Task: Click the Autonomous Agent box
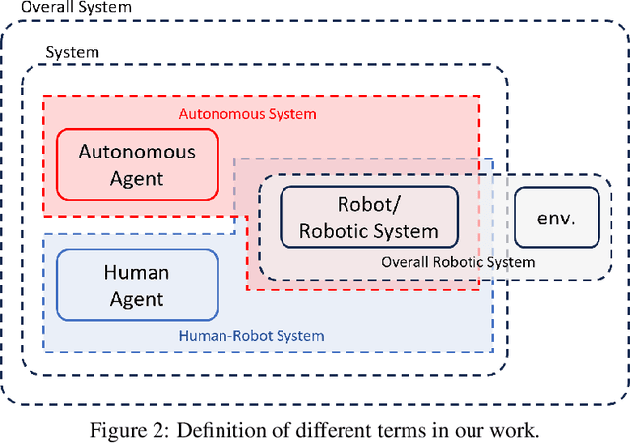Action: pos(137,165)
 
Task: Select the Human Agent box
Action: pos(137,285)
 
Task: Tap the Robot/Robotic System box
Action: pos(369,218)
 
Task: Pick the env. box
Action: pos(556,218)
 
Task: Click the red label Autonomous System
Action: pos(247,114)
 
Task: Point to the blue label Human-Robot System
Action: pos(251,336)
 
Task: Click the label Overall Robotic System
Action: pos(458,262)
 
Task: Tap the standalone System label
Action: pos(73,52)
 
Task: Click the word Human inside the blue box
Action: pos(137,272)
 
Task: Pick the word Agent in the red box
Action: pos(137,179)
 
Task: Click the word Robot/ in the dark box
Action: pos(369,205)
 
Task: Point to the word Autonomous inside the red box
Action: pos(137,153)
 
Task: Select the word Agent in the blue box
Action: pos(137,298)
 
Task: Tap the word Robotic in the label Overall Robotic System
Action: pos(457,262)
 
